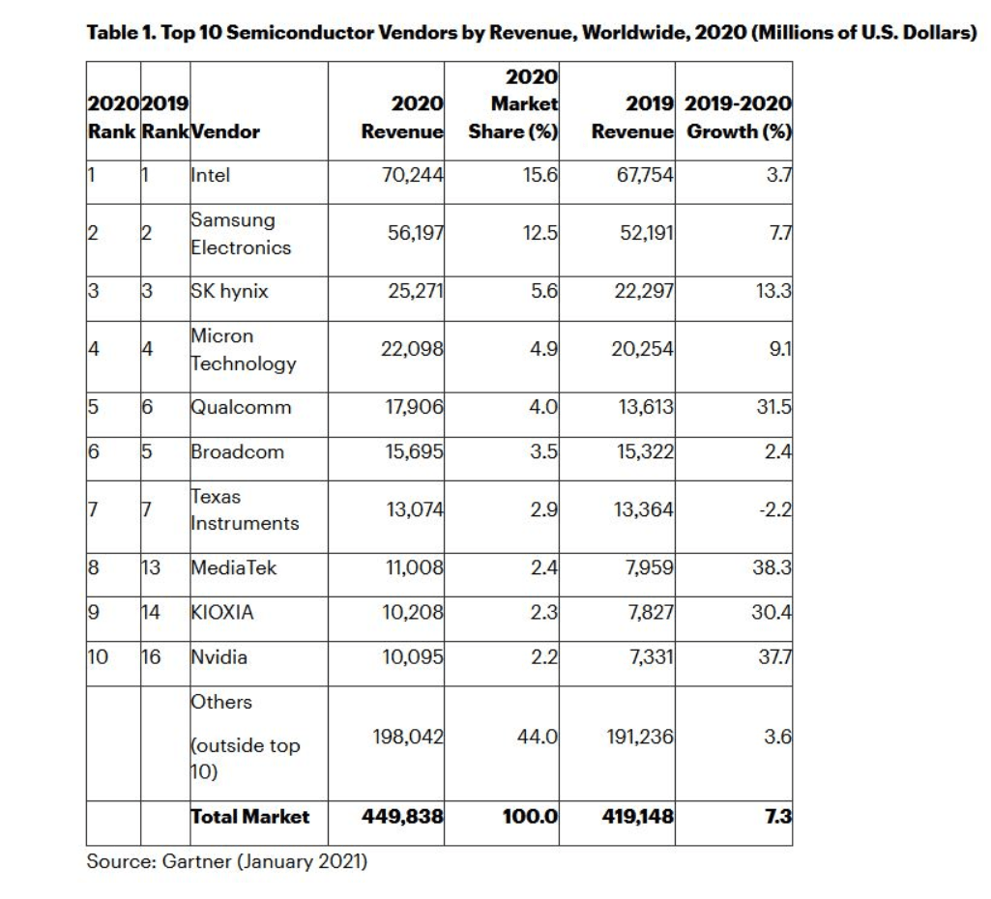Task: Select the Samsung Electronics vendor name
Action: [240, 234]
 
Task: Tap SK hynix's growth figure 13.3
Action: [773, 291]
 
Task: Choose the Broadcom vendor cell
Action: [237, 451]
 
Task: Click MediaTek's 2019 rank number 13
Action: [151, 567]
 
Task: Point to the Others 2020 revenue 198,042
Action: [407, 737]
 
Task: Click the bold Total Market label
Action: [249, 817]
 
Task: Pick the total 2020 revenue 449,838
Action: [402, 817]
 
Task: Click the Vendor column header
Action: [225, 131]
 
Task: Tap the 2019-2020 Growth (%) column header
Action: [739, 117]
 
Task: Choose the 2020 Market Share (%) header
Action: [513, 103]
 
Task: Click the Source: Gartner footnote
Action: [227, 860]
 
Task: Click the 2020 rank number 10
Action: [98, 657]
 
